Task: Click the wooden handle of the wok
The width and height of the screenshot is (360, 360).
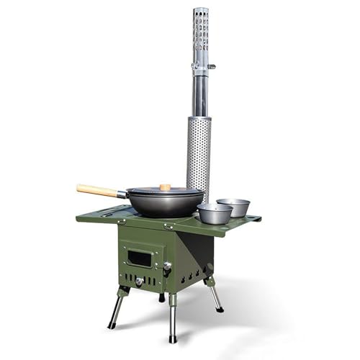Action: click(x=97, y=190)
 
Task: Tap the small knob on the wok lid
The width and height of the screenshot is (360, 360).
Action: click(x=166, y=187)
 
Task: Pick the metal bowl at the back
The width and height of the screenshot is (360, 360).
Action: click(x=233, y=207)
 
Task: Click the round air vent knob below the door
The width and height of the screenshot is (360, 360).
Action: click(x=139, y=282)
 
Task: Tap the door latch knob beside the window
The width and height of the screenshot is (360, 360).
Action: click(x=167, y=267)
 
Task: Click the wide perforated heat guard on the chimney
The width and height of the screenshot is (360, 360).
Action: click(x=199, y=155)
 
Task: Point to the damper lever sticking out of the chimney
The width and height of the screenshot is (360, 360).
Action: click(x=210, y=66)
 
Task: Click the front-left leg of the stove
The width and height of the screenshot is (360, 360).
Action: click(x=116, y=307)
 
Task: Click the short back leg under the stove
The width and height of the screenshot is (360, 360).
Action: click(x=161, y=296)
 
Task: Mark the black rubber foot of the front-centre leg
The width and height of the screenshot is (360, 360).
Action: click(x=172, y=338)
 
